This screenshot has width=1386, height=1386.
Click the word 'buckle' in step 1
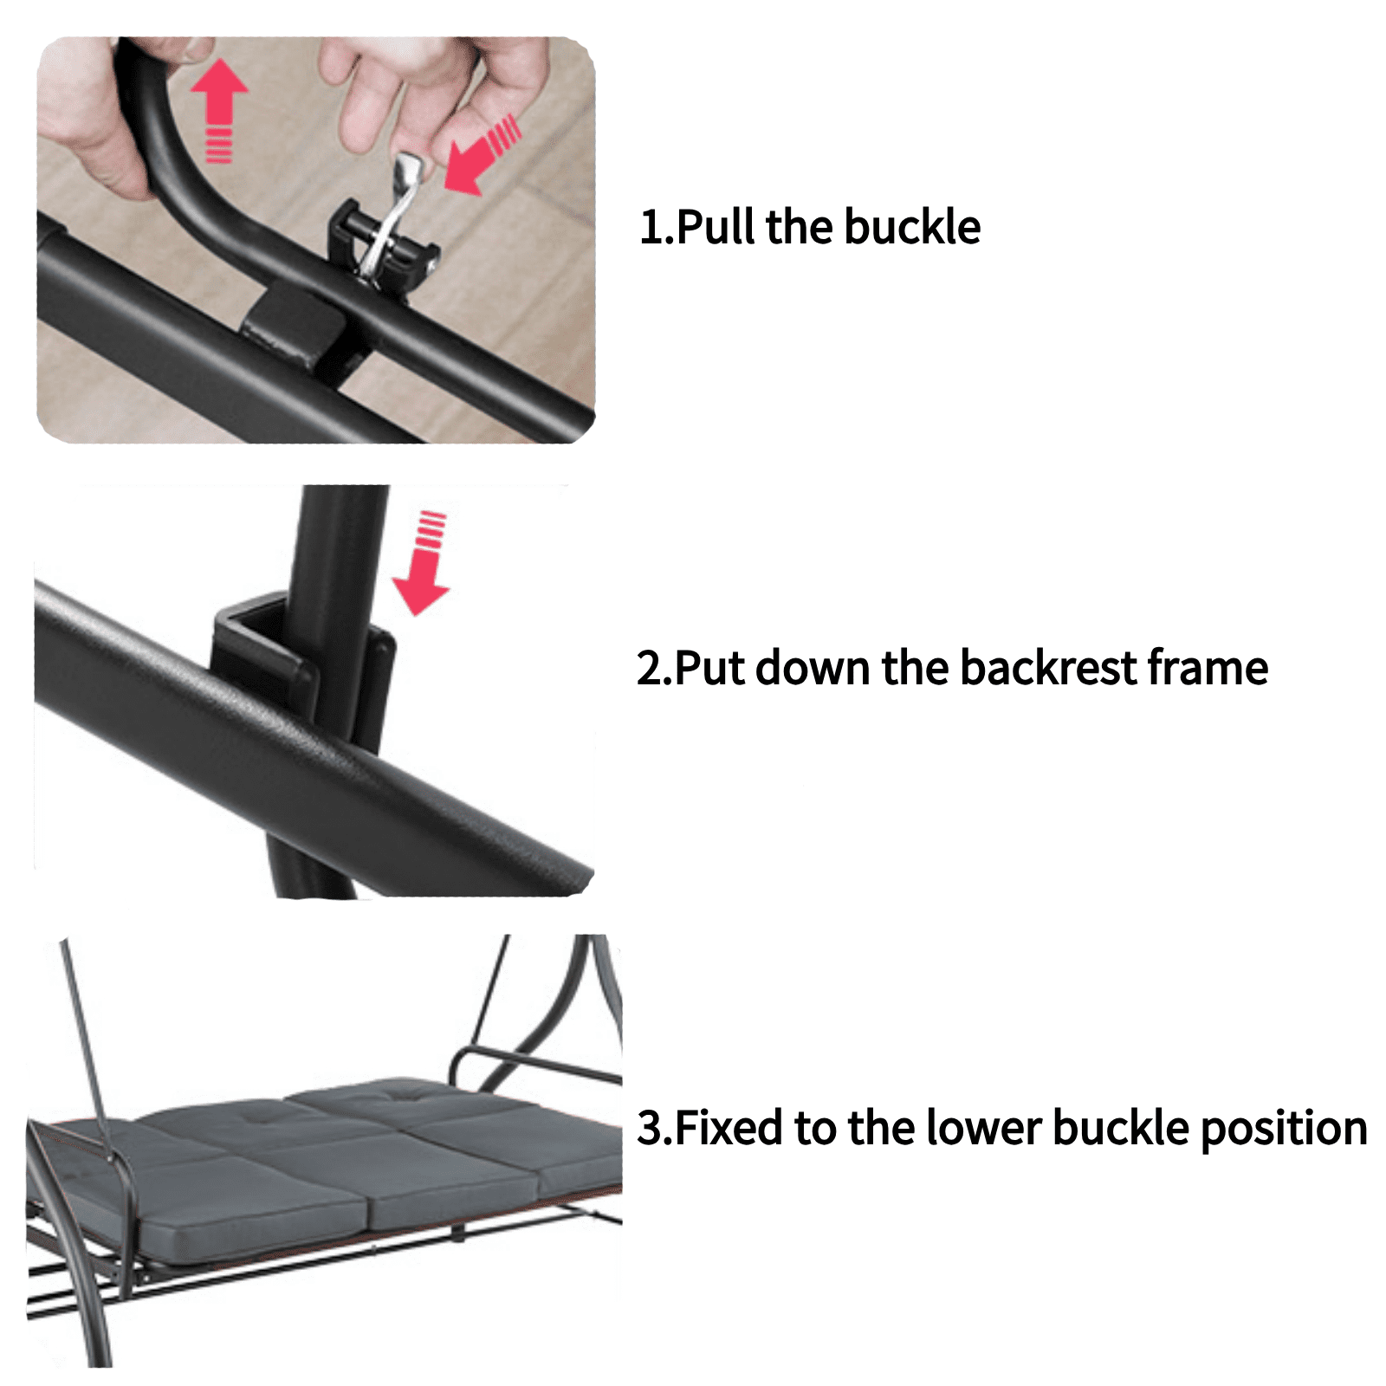[x=911, y=227]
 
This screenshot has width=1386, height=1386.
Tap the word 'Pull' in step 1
[x=716, y=227]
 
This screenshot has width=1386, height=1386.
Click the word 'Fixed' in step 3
[x=729, y=1128]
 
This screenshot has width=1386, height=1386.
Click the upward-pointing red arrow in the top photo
[x=219, y=108]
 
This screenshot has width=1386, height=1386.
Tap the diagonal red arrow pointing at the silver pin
[x=482, y=154]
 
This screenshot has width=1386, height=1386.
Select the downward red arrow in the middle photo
[x=423, y=563]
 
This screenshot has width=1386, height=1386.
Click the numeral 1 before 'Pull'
[x=650, y=227]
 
